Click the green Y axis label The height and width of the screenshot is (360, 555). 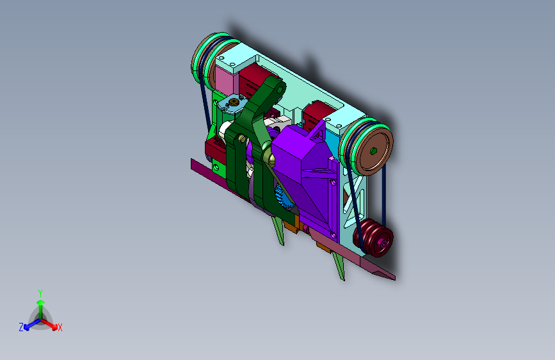pos(40,293)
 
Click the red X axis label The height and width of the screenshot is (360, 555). pos(60,327)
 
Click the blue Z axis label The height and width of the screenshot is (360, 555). pos(21,327)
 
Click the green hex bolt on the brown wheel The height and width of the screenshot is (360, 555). pos(373,151)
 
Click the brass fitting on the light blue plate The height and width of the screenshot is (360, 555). pos(233,102)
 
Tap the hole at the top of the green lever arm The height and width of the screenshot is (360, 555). pos(280,90)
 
